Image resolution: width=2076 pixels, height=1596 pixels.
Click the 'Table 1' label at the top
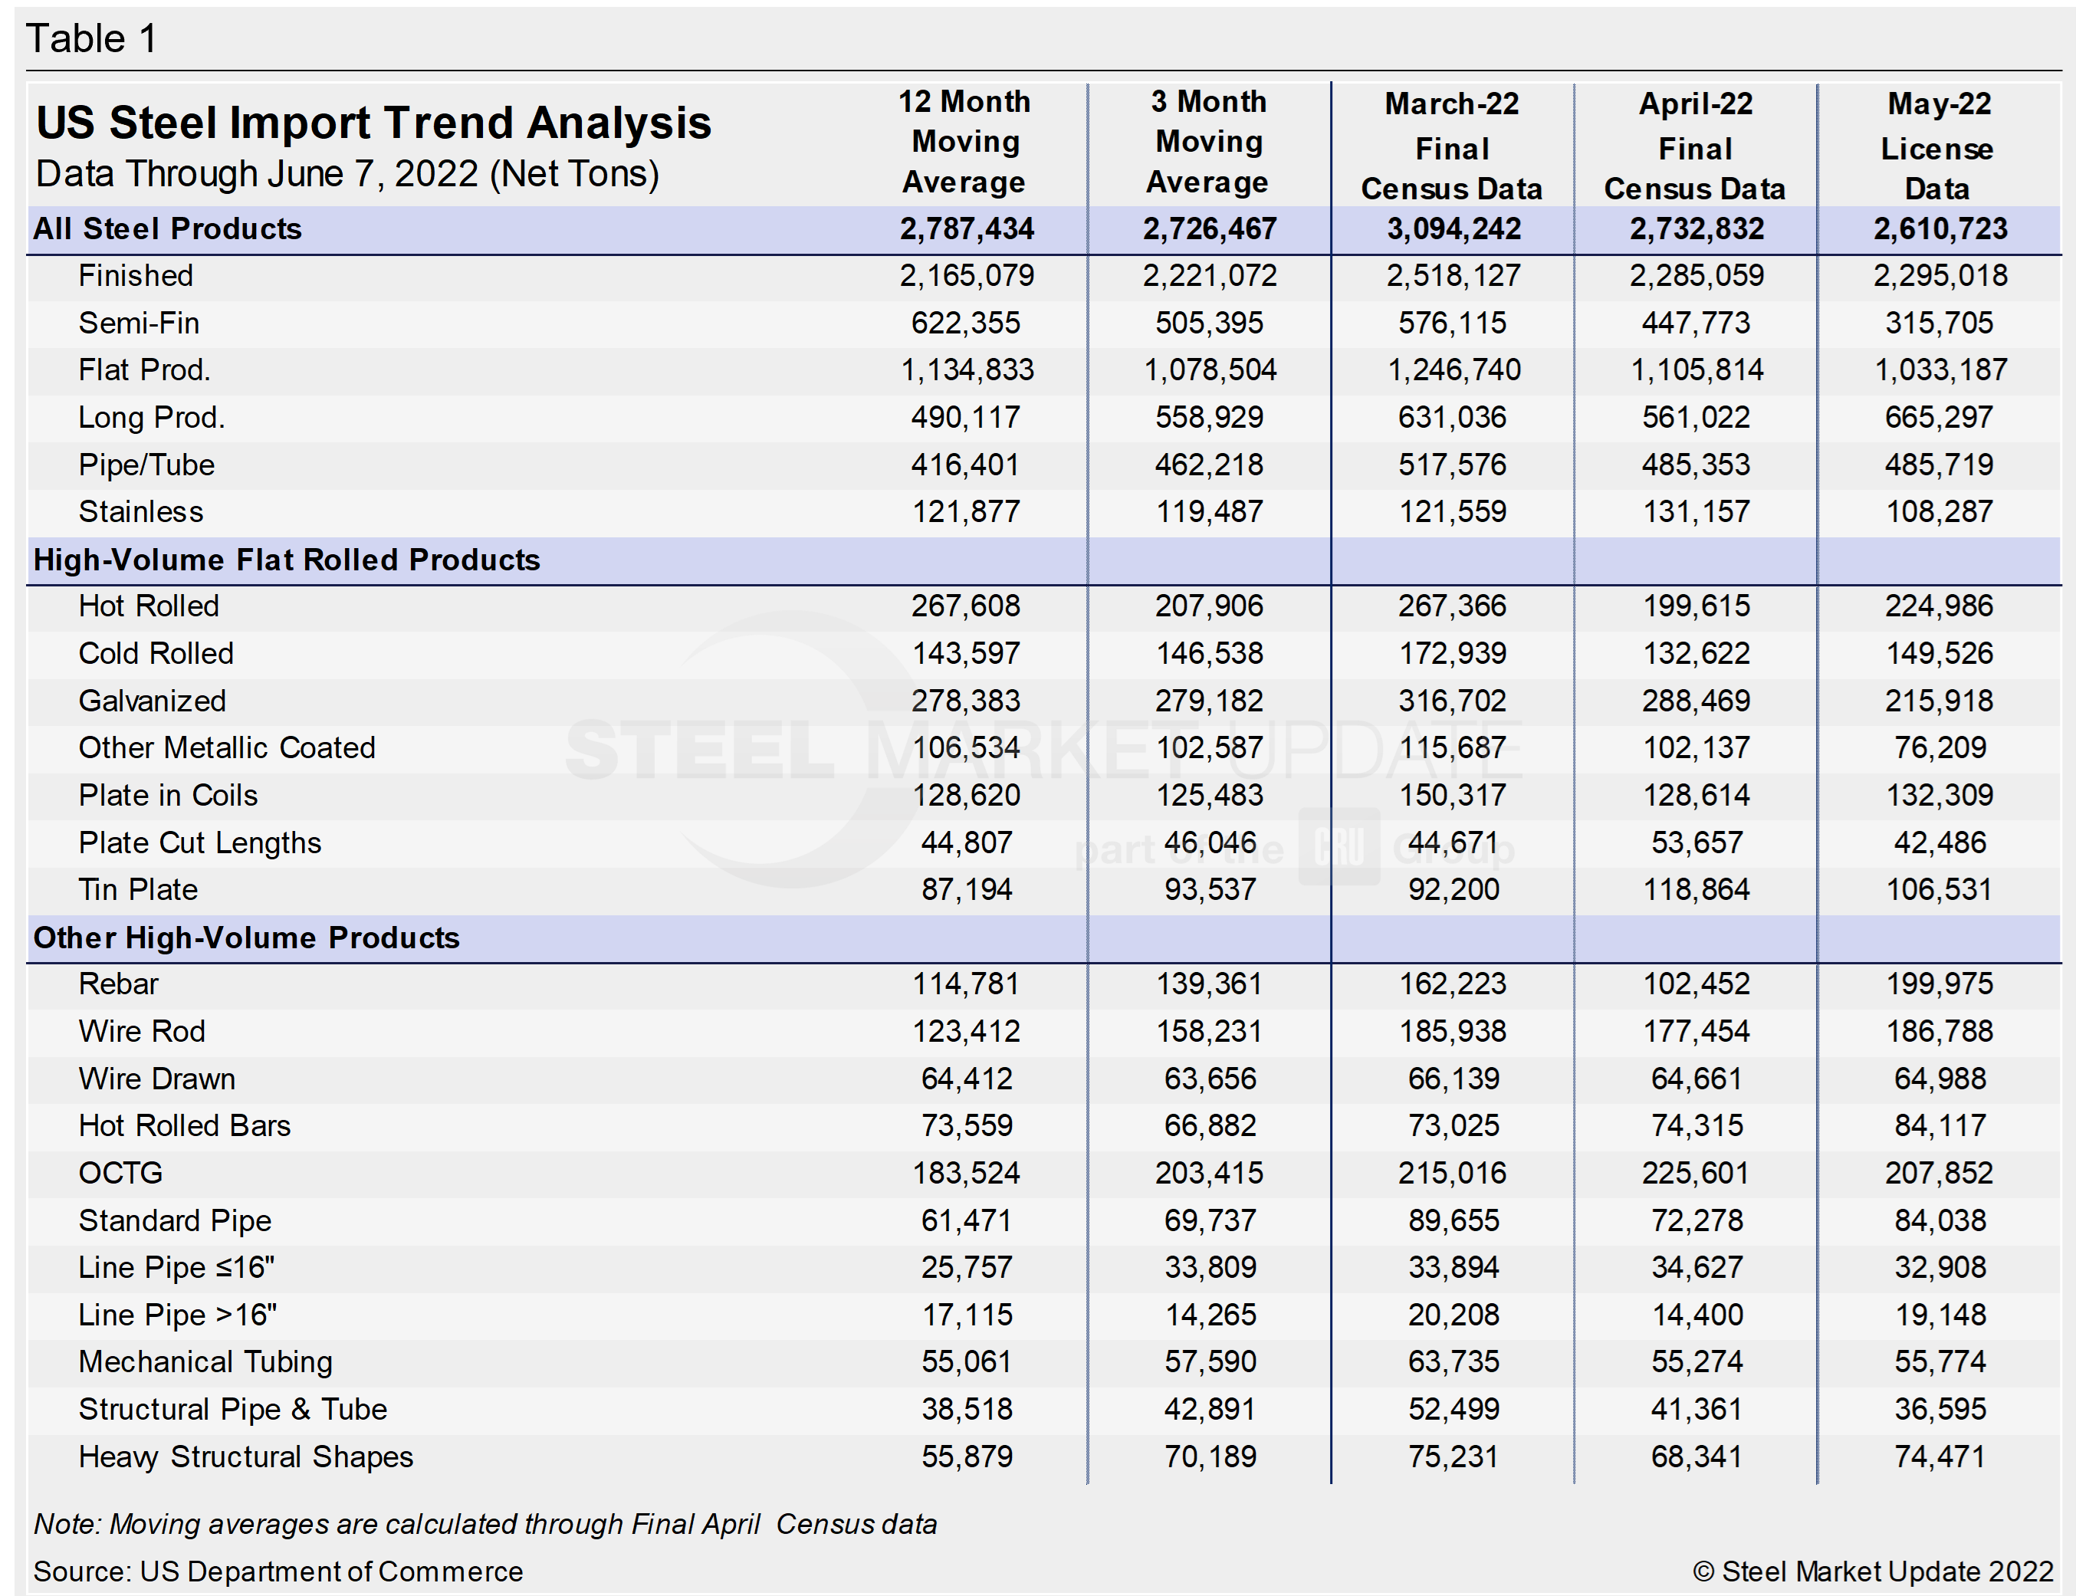click(x=91, y=39)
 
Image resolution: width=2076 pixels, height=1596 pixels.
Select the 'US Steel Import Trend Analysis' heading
click(x=373, y=123)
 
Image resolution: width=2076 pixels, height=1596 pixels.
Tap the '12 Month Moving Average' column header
click(x=964, y=142)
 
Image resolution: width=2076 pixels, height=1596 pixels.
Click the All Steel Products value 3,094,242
click(x=1453, y=229)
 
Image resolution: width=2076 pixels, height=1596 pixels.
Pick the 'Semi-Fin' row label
click(x=139, y=323)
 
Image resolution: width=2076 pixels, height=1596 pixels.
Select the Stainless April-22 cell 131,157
click(x=1696, y=512)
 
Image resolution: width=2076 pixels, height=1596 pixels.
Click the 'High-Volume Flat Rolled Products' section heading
click(x=286, y=560)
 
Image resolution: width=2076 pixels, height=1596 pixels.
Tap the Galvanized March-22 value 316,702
click(x=1452, y=701)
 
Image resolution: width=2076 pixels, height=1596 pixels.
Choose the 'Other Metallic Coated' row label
click(x=227, y=747)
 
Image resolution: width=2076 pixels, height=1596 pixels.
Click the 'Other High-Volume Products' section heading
click(x=246, y=938)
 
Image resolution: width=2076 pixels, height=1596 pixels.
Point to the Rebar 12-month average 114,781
click(x=965, y=984)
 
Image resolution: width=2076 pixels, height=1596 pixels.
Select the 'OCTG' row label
click(x=120, y=1174)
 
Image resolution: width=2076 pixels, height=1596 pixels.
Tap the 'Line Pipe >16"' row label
click(x=178, y=1315)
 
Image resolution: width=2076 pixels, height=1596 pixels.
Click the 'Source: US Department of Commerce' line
click(x=278, y=1571)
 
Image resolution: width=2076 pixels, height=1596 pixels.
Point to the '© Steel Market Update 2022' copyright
click(x=1873, y=1571)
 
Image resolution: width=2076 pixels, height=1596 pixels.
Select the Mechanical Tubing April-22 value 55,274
click(x=1696, y=1362)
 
